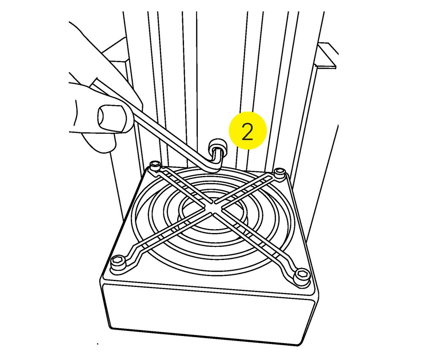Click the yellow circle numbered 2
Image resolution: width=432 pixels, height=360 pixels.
point(248,130)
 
